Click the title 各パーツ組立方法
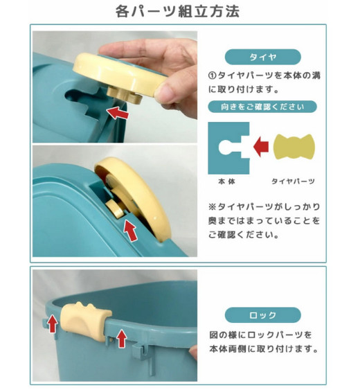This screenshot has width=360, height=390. [x=177, y=11]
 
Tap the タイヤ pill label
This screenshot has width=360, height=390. [x=263, y=57]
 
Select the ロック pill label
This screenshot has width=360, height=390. [x=263, y=315]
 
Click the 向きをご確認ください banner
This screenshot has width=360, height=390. [x=262, y=107]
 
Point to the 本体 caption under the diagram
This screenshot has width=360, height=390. [x=226, y=181]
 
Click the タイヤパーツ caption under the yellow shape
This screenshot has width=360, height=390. [x=293, y=181]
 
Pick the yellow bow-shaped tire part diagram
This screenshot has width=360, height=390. [x=294, y=147]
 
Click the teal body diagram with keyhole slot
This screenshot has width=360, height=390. [x=228, y=148]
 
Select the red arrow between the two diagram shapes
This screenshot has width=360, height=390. [x=261, y=147]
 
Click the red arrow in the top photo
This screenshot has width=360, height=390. [x=118, y=113]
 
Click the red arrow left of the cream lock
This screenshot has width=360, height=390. [x=52, y=323]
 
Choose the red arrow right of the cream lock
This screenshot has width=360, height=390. [x=122, y=338]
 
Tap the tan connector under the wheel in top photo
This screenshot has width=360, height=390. [x=125, y=96]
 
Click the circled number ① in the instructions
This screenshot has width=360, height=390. [x=213, y=76]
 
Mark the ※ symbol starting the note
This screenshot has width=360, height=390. [x=213, y=206]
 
